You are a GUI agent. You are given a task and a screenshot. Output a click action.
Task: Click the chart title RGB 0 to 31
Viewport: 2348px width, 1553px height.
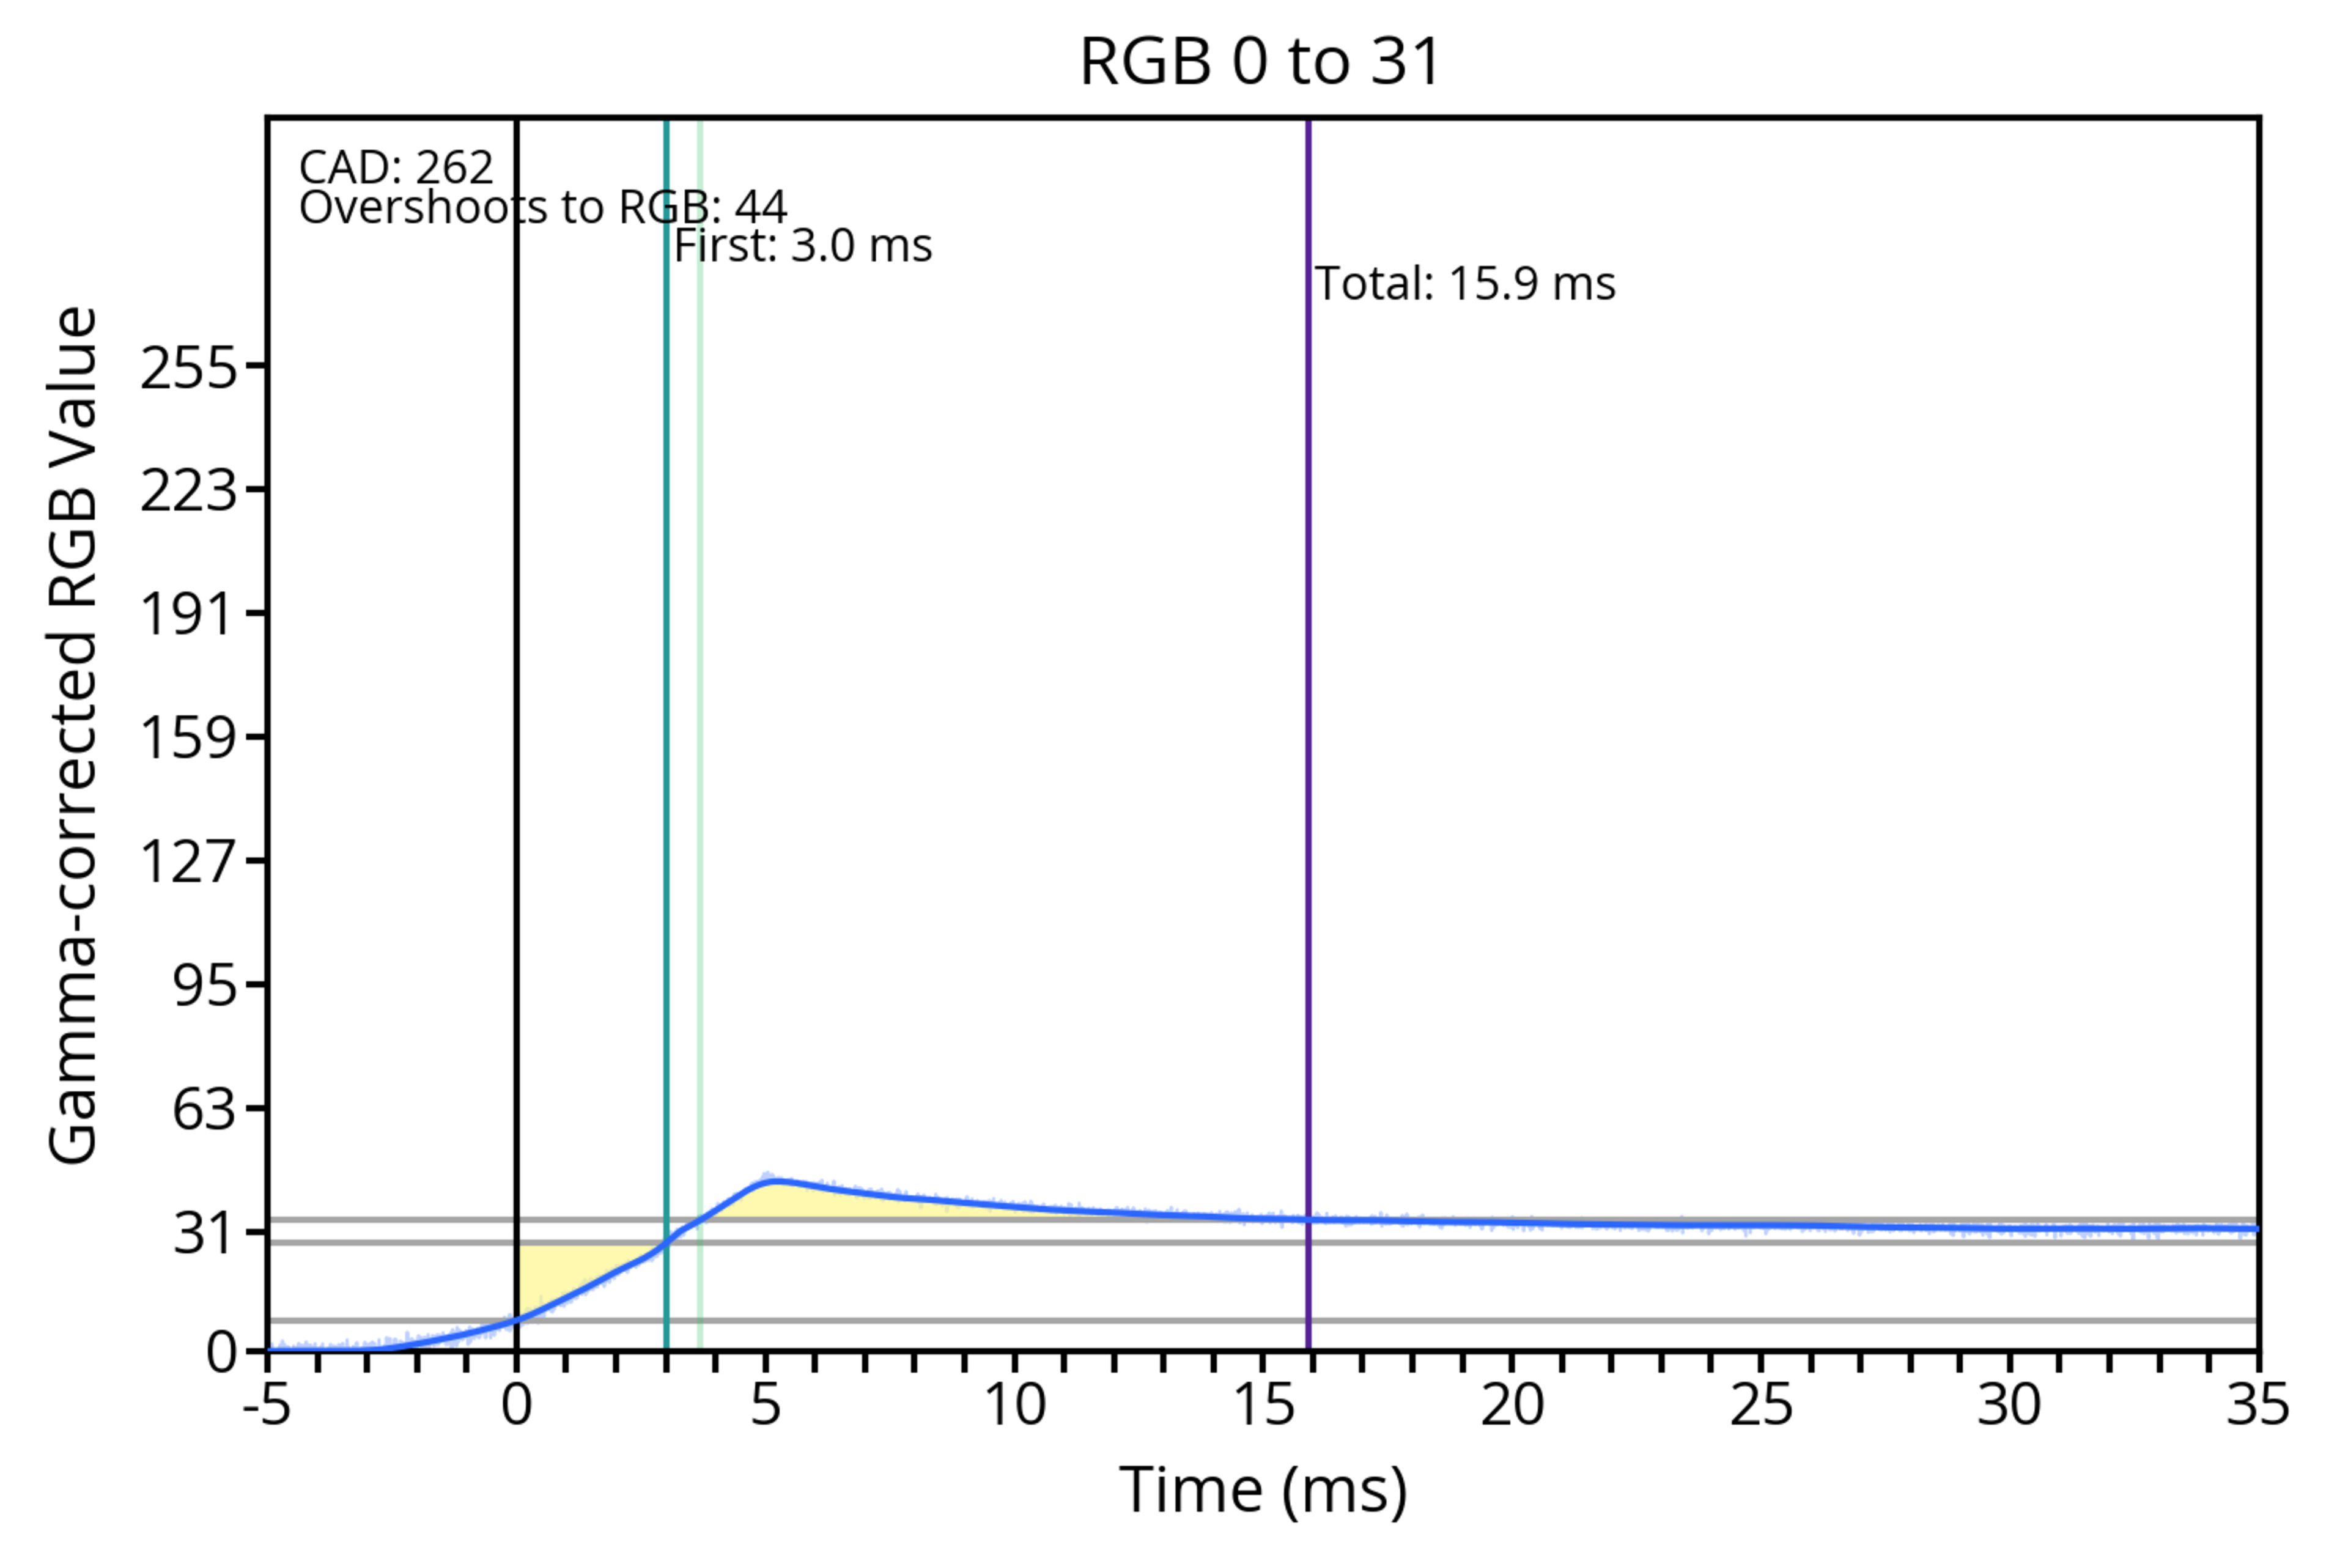pyautogui.click(x=1260, y=61)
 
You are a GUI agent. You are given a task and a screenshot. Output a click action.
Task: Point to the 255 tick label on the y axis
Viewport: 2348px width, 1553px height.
pyautogui.click(x=189, y=369)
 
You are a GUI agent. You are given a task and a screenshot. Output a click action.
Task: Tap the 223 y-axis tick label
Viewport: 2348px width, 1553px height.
pyautogui.click(x=189, y=491)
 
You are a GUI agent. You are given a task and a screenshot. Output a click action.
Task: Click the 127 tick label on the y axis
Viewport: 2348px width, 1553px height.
pyautogui.click(x=189, y=861)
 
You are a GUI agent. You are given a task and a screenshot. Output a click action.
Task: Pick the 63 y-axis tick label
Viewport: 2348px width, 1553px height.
pyautogui.click(x=205, y=1109)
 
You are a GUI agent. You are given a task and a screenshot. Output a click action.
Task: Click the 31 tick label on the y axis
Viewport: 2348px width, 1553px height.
pyautogui.click(x=205, y=1234)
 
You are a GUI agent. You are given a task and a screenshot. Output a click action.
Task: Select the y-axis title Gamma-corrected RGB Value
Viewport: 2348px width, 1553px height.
pyautogui.click(x=73, y=735)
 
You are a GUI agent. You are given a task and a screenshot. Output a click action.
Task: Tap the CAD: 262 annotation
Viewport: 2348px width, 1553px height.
pyautogui.click(x=396, y=168)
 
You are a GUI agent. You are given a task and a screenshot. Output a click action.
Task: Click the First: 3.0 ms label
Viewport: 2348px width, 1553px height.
pyautogui.click(x=803, y=246)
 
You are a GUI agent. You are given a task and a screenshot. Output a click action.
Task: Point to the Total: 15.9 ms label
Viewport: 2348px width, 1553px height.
pyautogui.click(x=1464, y=284)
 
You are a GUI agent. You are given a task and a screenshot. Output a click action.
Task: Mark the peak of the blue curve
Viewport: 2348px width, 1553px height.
pyautogui.click(x=775, y=1179)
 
